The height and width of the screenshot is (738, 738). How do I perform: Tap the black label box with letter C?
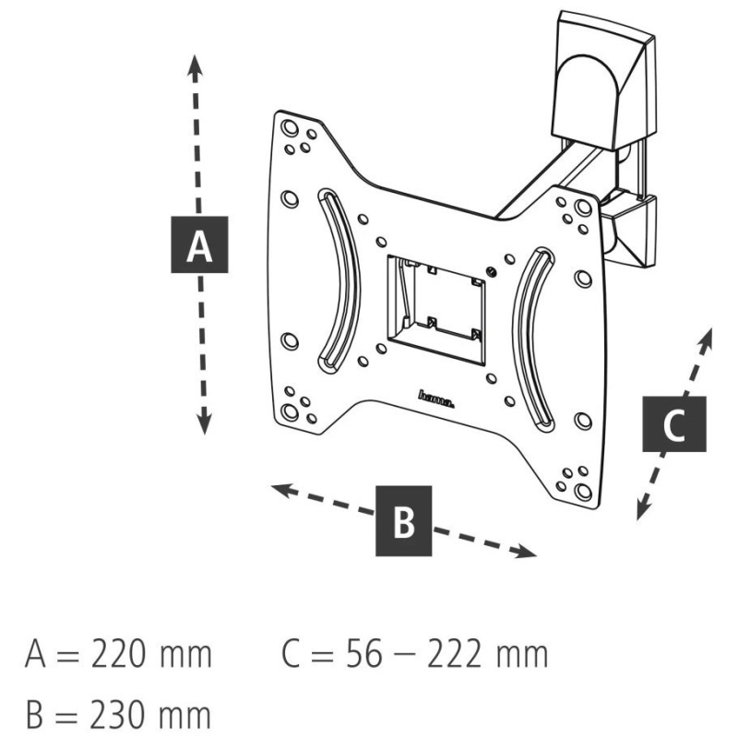[673, 426]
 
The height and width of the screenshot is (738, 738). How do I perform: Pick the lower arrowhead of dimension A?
[204, 423]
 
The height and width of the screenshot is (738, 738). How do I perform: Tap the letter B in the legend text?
[40, 712]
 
